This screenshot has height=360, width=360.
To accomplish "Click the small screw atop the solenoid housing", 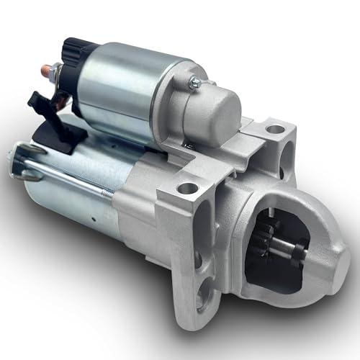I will pyautogui.click(x=194, y=83).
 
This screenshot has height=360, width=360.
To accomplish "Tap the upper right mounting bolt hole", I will pyautogui.click(x=275, y=130).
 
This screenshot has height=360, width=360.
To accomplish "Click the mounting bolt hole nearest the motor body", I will pyautogui.click(x=187, y=189).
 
